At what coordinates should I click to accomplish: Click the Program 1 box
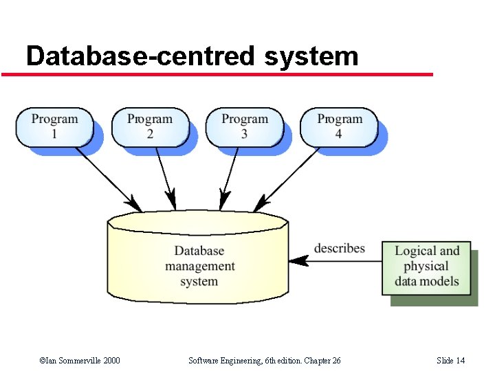pyautogui.click(x=54, y=126)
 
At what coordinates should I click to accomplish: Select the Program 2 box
pyautogui.click(x=150, y=126)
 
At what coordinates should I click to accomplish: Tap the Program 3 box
pyautogui.click(x=244, y=126)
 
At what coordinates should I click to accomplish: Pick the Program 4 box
pyautogui.click(x=339, y=126)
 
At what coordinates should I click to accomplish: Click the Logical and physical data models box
pyautogui.click(x=427, y=267)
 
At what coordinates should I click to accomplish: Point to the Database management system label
pyautogui.click(x=199, y=267)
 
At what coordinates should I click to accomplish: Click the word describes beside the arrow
pyautogui.click(x=340, y=248)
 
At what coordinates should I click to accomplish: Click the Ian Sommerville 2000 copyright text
pyautogui.click(x=80, y=361)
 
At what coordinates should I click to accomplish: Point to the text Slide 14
pyautogui.click(x=450, y=361)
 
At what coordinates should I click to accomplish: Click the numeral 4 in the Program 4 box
pyautogui.click(x=338, y=134)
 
